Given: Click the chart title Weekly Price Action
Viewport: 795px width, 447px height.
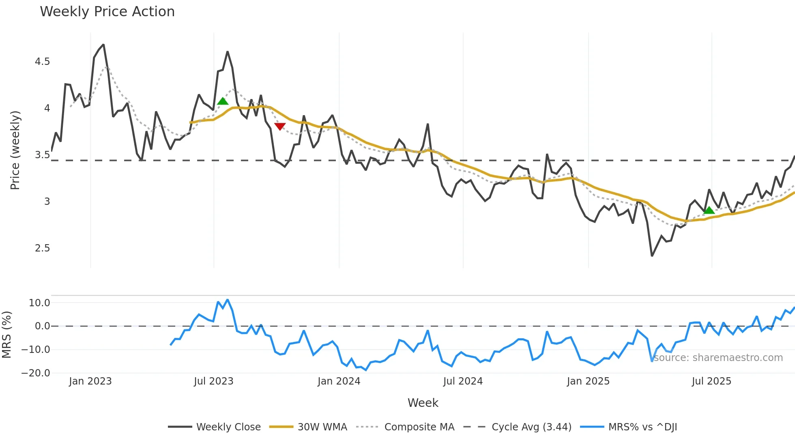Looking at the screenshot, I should pos(107,12).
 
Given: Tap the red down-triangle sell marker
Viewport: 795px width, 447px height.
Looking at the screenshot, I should pos(280,127).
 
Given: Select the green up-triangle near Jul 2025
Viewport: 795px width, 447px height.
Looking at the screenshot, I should pos(709,210).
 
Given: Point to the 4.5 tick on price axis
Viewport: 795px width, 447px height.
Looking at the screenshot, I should pos(42,62).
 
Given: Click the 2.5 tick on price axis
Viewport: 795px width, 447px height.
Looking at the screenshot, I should pos(42,248).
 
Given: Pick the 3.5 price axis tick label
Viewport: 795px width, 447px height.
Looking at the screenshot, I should pos(42,155).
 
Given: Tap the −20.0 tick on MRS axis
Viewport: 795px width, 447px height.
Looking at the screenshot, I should pos(36,373).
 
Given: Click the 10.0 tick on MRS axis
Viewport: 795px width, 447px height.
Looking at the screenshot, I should pos(39,303).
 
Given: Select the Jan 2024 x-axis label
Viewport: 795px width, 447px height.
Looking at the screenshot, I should pos(339,381).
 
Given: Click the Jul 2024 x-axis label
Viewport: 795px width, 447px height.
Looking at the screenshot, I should pos(463,381).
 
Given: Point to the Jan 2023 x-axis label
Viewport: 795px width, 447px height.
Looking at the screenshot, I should pos(90,381).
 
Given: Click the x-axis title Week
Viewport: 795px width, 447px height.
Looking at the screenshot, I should pos(423,403).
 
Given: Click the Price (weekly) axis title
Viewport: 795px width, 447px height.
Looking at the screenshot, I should pos(15,150).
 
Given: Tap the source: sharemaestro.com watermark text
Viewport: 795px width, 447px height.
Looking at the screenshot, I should pos(718,358).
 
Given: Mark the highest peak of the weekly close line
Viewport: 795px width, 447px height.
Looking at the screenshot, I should pos(103,45).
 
